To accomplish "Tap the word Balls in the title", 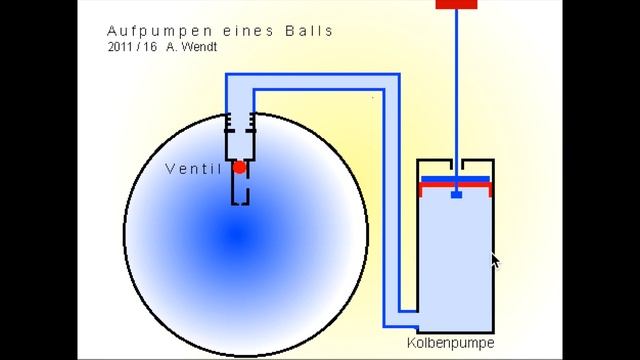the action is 310,31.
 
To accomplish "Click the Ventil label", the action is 193,169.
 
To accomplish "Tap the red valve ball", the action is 239,168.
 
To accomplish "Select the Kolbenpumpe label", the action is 451,343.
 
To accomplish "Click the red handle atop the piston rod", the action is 456,4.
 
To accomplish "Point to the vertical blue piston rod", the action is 456,90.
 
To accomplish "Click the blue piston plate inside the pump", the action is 456,180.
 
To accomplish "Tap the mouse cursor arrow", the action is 494,261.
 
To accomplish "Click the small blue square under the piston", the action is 456,193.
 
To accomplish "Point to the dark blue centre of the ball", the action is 236,237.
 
